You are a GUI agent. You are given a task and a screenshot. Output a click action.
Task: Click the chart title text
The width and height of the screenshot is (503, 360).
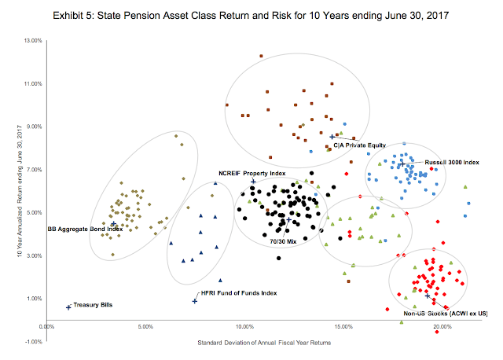[x=251, y=15]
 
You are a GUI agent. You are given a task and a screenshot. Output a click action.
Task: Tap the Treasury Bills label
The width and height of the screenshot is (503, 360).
[x=93, y=304]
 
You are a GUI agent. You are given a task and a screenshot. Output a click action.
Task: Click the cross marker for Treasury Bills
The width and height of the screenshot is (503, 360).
[x=69, y=307]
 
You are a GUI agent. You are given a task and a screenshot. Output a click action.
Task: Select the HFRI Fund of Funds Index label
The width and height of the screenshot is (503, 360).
[x=239, y=292]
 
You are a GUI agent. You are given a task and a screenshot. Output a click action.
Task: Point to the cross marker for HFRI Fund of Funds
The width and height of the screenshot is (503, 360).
[x=195, y=301]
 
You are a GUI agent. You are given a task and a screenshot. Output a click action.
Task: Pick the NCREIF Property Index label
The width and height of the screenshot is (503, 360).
[x=251, y=172]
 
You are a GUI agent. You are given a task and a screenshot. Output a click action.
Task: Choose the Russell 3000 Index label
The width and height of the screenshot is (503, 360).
[x=451, y=162]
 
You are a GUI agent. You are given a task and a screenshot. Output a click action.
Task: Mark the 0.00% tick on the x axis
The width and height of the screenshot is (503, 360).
[x=46, y=326]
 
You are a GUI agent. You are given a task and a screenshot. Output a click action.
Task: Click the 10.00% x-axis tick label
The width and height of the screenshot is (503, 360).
[x=244, y=326]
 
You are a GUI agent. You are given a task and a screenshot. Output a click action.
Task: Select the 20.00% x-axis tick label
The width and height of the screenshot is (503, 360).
[x=442, y=326]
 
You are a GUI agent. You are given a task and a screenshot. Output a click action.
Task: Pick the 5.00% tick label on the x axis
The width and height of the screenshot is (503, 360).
[x=145, y=326]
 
